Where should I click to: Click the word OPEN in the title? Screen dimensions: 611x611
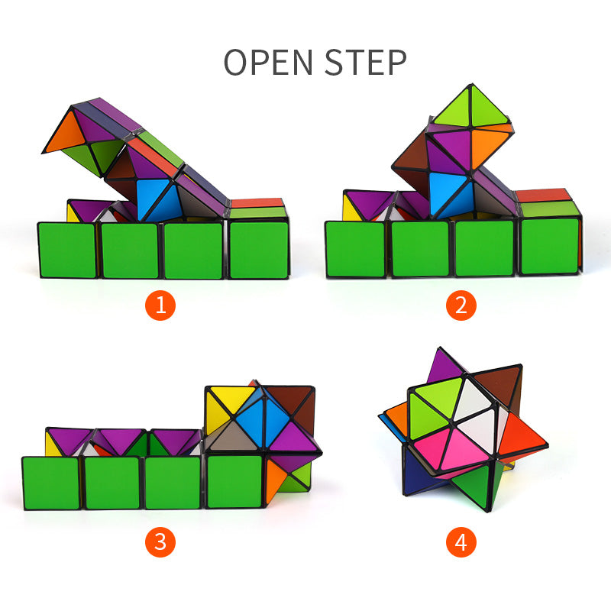point(269,62)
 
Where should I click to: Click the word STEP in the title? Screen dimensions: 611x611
point(366,62)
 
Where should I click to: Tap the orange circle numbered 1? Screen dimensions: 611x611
point(160,305)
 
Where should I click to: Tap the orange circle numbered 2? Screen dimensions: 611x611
point(461,305)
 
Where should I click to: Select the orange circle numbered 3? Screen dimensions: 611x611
point(160,542)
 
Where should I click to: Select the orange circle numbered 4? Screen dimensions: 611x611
point(461,542)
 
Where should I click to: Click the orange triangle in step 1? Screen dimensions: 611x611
point(65,133)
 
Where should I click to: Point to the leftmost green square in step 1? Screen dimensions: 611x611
point(67,250)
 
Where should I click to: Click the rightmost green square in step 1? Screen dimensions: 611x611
point(259,250)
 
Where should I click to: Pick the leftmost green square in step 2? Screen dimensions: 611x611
point(355,249)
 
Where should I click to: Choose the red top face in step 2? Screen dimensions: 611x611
point(543,196)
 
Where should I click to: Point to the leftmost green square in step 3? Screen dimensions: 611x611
point(51,483)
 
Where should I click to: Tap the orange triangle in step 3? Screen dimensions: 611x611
point(275,480)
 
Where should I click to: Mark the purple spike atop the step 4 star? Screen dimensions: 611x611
point(445,367)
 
